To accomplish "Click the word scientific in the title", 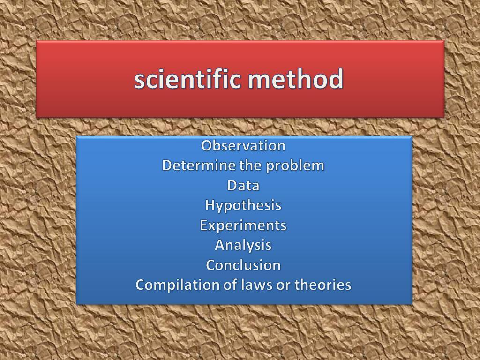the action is (187, 79).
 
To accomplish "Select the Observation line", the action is (243, 145).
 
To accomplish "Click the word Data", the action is (243, 186).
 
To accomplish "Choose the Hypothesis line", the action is (243, 206).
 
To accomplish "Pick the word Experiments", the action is (243, 226).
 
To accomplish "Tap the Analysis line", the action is (243, 246).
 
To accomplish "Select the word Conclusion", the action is (243, 265).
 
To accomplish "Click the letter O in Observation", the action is (207, 146).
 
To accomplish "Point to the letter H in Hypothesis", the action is (210, 205).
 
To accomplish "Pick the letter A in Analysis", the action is (220, 245).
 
